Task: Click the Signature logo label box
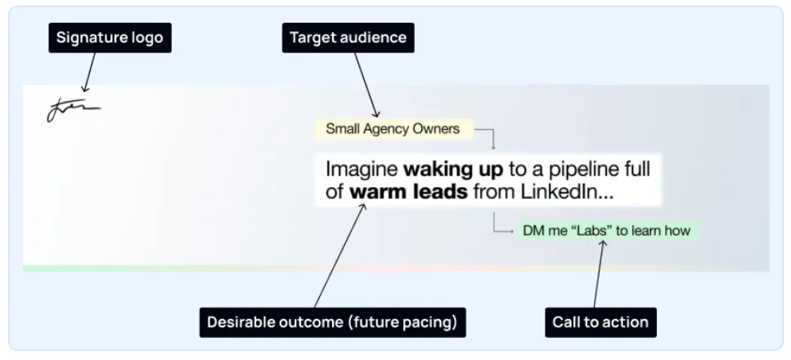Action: (x=110, y=38)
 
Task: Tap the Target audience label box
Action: (x=348, y=38)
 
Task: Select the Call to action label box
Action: (x=601, y=322)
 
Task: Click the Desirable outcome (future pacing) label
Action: (x=332, y=322)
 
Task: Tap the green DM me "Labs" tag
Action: (x=607, y=231)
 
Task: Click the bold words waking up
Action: (x=453, y=169)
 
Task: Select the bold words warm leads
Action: (x=409, y=192)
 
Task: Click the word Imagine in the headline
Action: (x=362, y=169)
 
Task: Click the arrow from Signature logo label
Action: (x=90, y=72)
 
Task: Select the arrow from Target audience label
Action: (x=366, y=85)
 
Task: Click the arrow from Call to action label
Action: (x=598, y=273)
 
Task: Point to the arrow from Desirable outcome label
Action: (x=339, y=255)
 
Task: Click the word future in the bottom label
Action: (x=375, y=322)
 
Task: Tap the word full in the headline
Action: (x=637, y=169)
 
